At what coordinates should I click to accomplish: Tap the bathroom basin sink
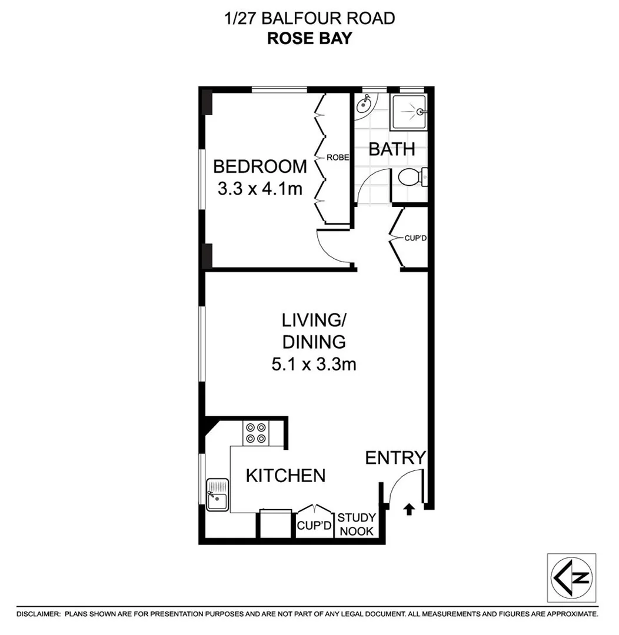coord(364,107)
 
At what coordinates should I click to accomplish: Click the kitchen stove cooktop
coord(255,433)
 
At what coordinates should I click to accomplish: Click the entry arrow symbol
coord(409,509)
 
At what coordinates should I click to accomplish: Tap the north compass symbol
coord(571,577)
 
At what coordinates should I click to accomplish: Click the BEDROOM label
coord(259,166)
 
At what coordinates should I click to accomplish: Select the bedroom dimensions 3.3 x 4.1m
coord(259,189)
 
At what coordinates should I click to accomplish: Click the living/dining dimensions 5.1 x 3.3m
coord(314,365)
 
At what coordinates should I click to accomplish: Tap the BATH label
coord(392,149)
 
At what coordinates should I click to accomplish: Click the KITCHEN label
coord(285,475)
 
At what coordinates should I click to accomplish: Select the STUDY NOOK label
coord(357,524)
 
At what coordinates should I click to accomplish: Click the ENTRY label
coord(395,457)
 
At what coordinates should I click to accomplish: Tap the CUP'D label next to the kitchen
coord(315,524)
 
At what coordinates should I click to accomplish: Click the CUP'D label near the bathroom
coord(415,239)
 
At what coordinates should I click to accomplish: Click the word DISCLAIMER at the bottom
coord(38,614)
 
